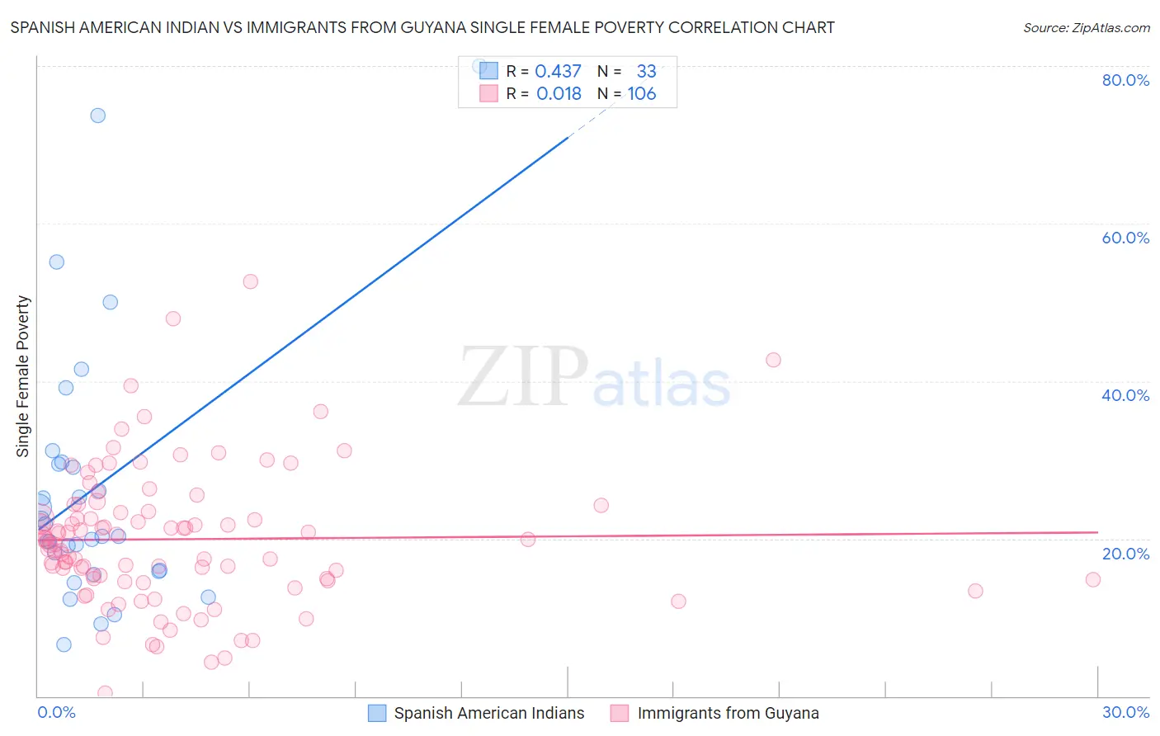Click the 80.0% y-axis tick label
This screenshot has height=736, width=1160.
point(1125,80)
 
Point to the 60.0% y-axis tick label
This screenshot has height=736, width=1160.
point(1125,238)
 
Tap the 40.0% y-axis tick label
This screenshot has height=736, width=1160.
point(1125,395)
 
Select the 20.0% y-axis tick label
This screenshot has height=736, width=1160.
point(1125,554)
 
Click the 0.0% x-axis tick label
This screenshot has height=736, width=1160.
point(56,712)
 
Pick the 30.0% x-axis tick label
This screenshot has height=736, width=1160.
point(1125,712)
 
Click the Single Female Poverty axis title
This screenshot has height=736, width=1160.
point(23,376)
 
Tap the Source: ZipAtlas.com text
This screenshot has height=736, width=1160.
point(1086,27)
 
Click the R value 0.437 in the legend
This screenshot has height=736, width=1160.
point(558,71)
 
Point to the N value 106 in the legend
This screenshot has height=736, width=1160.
point(642,94)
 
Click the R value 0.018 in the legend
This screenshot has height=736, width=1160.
point(559,94)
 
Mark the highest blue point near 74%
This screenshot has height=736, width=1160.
point(98,116)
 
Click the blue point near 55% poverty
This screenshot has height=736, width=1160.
point(57,262)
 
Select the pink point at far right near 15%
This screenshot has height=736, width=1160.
point(1093,579)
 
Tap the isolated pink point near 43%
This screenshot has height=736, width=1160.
point(773,360)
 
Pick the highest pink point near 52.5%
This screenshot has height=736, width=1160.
point(251,281)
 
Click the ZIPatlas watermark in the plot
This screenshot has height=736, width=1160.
point(594,378)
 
